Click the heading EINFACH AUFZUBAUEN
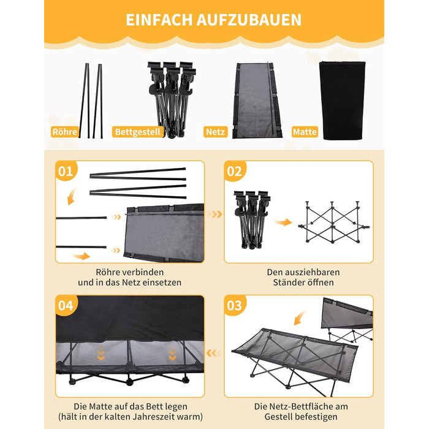click(213, 20)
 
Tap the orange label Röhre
click(65, 132)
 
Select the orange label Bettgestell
click(138, 132)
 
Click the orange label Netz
click(215, 132)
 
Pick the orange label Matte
click(305, 132)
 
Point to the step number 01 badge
click(66, 171)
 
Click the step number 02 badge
click(235, 171)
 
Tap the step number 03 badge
click(235, 305)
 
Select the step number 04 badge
click(66, 305)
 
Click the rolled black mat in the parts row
click(342, 101)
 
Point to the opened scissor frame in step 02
click(333, 222)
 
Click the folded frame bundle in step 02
click(252, 219)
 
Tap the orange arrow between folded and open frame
click(283, 222)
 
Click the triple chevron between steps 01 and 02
click(214, 214)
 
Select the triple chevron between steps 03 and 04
click(214, 353)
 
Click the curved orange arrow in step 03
click(300, 318)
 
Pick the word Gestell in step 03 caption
click(279, 417)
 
